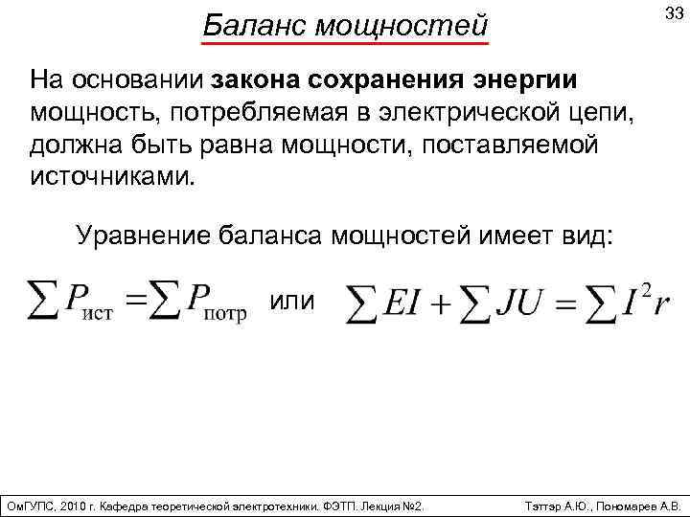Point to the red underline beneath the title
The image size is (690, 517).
[345, 43]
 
